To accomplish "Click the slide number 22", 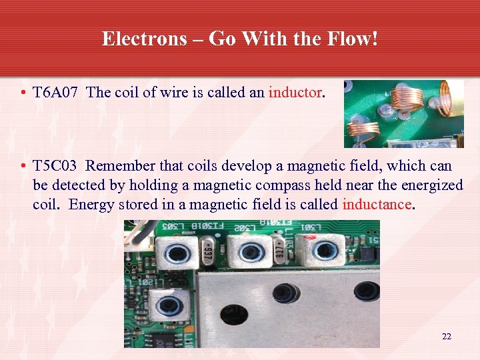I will click(447, 337).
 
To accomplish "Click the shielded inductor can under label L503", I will click(177, 251).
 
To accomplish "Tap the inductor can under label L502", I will click(251, 252).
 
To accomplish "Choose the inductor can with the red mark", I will click(325, 250).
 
